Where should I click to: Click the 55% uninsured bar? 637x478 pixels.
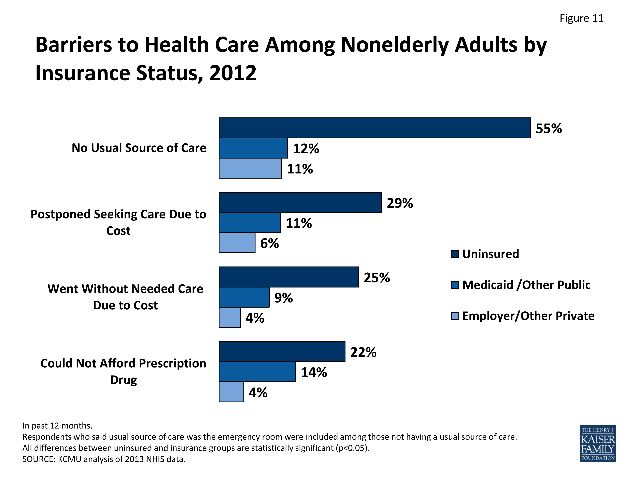pos(374,128)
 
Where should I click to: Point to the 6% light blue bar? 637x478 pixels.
pos(237,243)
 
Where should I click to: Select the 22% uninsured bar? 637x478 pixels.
pos(282,352)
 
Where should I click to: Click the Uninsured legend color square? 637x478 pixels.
pos(455,254)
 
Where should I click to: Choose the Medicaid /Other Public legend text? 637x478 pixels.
pos(526,285)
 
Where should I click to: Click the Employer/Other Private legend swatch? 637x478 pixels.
pos(455,316)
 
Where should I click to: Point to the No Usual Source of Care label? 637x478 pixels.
pos(139,148)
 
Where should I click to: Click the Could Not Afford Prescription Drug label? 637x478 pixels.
pos(123,371)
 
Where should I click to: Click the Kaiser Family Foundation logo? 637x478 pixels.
pos(598,444)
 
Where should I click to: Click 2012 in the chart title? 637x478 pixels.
pos(233,73)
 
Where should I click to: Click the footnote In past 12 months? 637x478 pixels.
pos(57,426)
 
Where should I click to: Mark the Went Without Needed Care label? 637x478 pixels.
pos(125,297)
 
